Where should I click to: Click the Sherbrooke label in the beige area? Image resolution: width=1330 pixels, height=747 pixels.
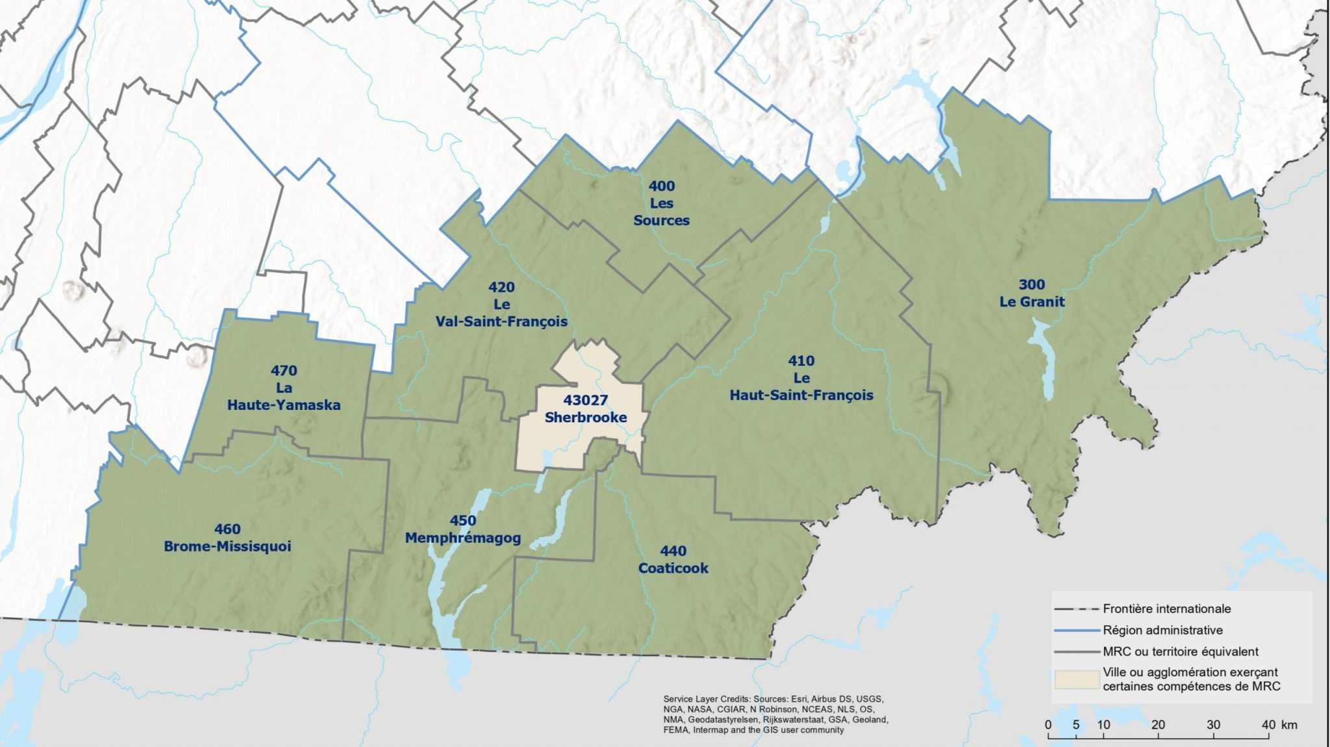coord(585,418)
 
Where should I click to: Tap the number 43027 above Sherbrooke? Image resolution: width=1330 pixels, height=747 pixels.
coord(585,400)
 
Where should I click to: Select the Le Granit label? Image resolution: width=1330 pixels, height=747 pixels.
coord(1032,301)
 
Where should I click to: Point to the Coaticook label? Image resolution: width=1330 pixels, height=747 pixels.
coord(673,568)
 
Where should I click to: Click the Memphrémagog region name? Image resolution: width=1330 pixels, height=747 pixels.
coord(462,538)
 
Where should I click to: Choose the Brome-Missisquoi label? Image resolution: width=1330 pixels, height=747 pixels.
coord(227,546)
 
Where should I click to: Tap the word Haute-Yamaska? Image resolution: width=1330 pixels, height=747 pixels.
coord(284,405)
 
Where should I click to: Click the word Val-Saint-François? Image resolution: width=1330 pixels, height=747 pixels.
coord(501,322)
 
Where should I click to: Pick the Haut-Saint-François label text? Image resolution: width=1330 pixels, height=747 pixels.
coord(801,395)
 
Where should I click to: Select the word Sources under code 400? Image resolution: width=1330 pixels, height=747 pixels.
coord(661,220)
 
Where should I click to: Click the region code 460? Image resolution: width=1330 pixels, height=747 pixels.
coord(227,529)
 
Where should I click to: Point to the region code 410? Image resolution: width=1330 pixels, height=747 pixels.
coord(801,361)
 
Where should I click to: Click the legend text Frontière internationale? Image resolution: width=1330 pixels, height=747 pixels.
coord(1166,609)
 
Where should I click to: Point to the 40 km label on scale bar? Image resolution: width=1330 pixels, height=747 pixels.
coord(1276,724)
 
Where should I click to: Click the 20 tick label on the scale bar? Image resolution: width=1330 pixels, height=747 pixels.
coord(1158,724)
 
